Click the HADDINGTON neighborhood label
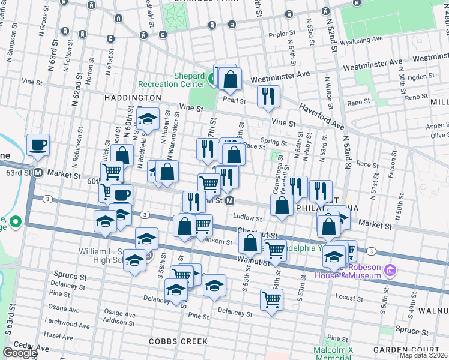coord(132,97)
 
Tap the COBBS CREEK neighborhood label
coord(178,341)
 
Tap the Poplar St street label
coord(282,34)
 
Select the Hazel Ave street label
coord(58,335)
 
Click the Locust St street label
coord(346,296)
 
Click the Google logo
coord(19,353)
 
